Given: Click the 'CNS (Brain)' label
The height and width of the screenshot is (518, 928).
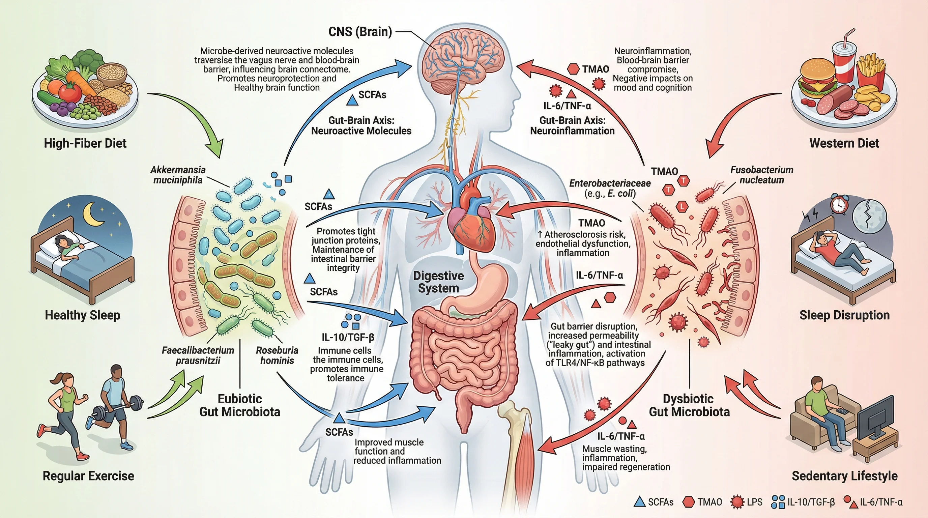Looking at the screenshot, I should click(360, 32).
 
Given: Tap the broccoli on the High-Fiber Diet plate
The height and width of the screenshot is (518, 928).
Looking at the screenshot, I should click(87, 61).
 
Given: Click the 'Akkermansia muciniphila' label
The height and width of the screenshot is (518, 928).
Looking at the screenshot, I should click(178, 175).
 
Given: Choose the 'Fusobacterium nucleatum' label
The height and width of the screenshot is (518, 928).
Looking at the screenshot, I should click(761, 175).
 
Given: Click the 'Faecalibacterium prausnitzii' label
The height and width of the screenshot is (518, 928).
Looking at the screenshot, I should click(198, 355).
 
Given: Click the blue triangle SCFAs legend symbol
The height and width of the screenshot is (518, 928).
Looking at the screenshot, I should click(640, 502).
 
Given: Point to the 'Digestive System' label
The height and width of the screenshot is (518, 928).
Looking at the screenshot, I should click(438, 282).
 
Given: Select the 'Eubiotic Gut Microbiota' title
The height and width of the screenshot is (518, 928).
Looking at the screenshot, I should click(239, 405).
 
